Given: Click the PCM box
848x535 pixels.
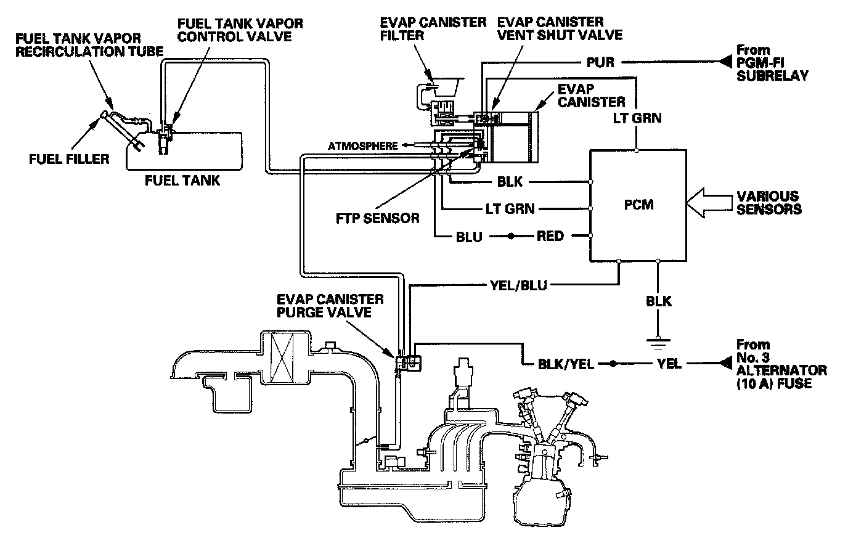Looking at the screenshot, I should click(638, 204).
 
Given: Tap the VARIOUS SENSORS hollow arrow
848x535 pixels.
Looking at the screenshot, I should click(706, 204).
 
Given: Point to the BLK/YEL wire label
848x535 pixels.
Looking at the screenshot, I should click(566, 364).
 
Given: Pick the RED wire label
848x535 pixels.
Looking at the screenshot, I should click(550, 236).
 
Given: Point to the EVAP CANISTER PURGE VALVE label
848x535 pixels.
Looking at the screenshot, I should click(339, 306).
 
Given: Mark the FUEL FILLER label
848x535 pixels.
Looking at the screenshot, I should click(68, 159).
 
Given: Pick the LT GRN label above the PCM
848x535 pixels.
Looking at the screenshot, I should click(637, 117).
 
